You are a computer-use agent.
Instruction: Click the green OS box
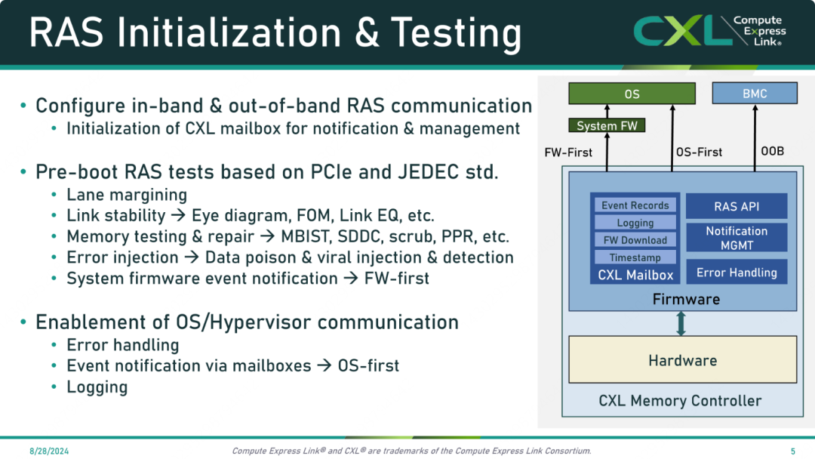tap(632, 94)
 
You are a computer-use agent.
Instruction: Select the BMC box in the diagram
tap(754, 94)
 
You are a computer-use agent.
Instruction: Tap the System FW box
tap(607, 126)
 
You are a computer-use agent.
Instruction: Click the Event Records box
tap(635, 205)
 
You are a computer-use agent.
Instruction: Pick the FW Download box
tap(635, 240)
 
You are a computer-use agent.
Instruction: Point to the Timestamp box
tap(635, 257)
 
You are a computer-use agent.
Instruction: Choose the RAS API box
tap(737, 206)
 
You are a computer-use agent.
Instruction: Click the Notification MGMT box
tap(737, 238)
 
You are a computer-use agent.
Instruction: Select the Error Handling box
tap(737, 273)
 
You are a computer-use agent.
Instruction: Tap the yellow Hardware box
tap(682, 359)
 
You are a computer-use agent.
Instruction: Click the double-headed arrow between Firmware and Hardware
tap(681, 323)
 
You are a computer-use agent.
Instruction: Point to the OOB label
tap(773, 151)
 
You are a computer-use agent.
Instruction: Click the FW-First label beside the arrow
tap(568, 152)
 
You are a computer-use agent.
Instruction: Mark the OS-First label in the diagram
tap(699, 152)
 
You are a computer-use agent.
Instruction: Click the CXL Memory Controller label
tap(680, 401)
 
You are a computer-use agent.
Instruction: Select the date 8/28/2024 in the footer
tap(49, 451)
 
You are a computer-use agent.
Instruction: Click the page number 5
tap(792, 451)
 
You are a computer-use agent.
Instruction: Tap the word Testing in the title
tap(456, 33)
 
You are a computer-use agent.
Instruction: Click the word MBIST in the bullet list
tap(306, 236)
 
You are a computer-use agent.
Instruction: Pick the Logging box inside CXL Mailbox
tap(635, 223)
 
